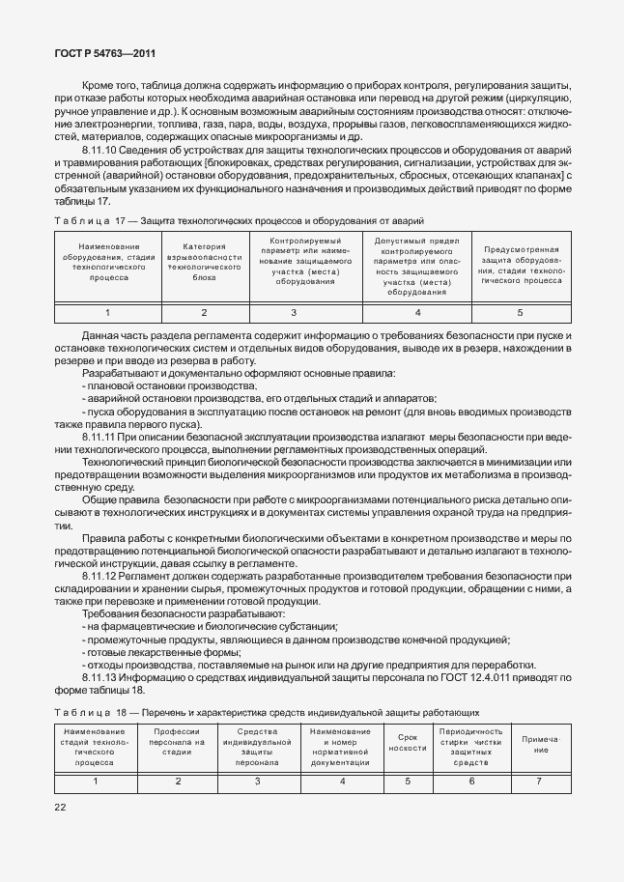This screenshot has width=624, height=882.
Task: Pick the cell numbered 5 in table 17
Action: coord(520,312)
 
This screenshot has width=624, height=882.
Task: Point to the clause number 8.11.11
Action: coord(102,438)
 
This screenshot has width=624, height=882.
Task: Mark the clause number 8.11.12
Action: coord(102,576)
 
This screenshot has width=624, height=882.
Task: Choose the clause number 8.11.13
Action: coord(102,677)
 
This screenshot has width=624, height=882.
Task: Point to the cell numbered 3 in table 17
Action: coord(294,312)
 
